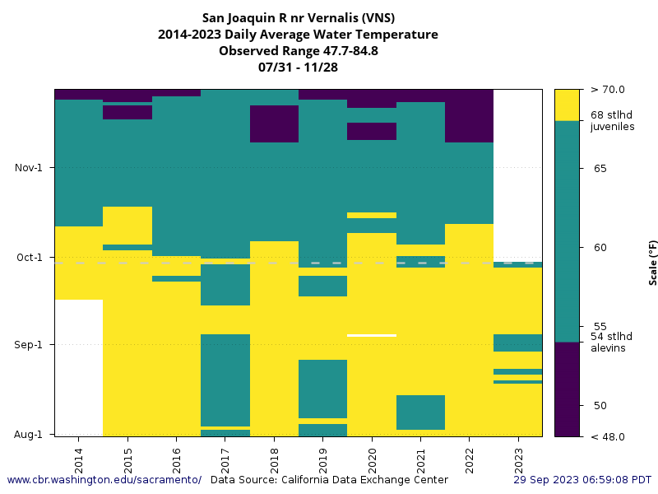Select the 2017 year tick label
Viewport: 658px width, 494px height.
(x=225, y=454)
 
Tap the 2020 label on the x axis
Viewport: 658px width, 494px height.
(x=372, y=454)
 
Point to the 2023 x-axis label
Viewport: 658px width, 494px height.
(x=518, y=454)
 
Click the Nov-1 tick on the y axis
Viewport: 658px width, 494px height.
(x=29, y=168)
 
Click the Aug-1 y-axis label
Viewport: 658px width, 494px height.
(x=29, y=434)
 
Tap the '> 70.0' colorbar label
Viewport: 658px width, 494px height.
(x=607, y=90)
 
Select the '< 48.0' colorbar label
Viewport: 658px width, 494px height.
(x=607, y=436)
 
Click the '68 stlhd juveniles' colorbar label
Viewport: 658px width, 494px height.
(x=612, y=121)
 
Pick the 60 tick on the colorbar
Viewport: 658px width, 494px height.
(x=600, y=248)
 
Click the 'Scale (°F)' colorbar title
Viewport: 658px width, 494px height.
(x=653, y=263)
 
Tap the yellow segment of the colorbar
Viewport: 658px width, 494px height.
(x=567, y=105)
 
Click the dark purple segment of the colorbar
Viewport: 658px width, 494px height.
(x=567, y=389)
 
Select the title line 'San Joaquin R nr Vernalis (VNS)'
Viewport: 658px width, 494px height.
(x=298, y=18)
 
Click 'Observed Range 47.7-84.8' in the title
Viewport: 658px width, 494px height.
(x=298, y=51)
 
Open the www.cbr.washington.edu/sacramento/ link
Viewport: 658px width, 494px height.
(x=104, y=480)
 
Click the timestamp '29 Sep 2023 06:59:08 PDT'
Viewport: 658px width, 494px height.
(x=582, y=480)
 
